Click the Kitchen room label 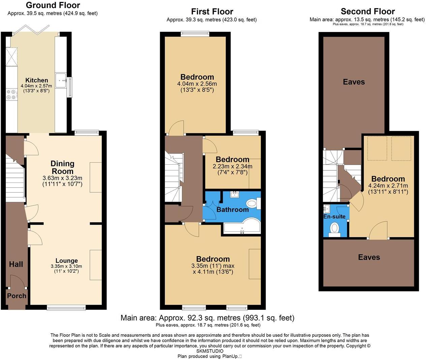pos(37,80)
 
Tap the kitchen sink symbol pos(61,80)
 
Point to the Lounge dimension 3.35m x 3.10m pos(66,266)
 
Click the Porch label pos(17,296)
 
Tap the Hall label pos(16,264)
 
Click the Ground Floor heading pos(53,5)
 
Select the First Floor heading pos(212,11)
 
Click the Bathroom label pos(233,210)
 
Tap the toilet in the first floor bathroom pos(252,203)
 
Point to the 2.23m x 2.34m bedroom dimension pos(233,166)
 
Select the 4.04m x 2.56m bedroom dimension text pos(197,84)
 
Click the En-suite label pos(334,217)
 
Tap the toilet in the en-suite pos(334,229)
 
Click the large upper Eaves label pos(354,82)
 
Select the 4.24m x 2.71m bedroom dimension pos(388,186)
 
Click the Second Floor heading pos(367,11)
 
